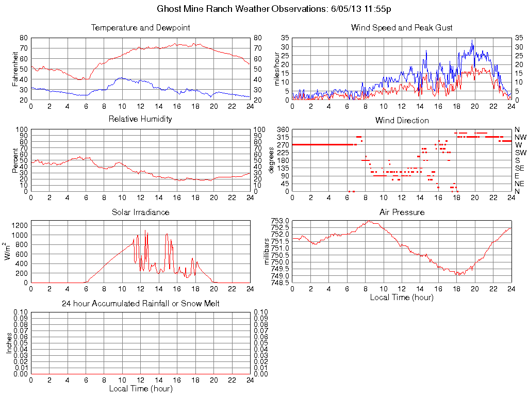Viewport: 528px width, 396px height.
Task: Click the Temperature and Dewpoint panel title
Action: (x=140, y=27)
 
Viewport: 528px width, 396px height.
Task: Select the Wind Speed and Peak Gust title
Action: (x=402, y=27)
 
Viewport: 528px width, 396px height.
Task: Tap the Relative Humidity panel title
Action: (x=140, y=119)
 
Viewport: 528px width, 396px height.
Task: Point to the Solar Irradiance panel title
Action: (x=140, y=212)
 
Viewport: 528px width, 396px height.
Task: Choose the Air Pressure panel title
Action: (x=402, y=212)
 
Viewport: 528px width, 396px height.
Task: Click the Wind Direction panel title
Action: (x=402, y=120)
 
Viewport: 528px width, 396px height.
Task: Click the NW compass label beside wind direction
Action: (x=520, y=137)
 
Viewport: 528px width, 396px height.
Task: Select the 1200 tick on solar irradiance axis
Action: (x=21, y=225)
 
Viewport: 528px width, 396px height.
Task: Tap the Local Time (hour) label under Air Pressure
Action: (x=402, y=297)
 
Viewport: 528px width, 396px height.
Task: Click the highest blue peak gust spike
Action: (x=472, y=41)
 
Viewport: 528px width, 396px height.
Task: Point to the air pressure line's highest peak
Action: (x=369, y=221)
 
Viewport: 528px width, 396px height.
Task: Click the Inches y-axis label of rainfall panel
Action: (x=9, y=343)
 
